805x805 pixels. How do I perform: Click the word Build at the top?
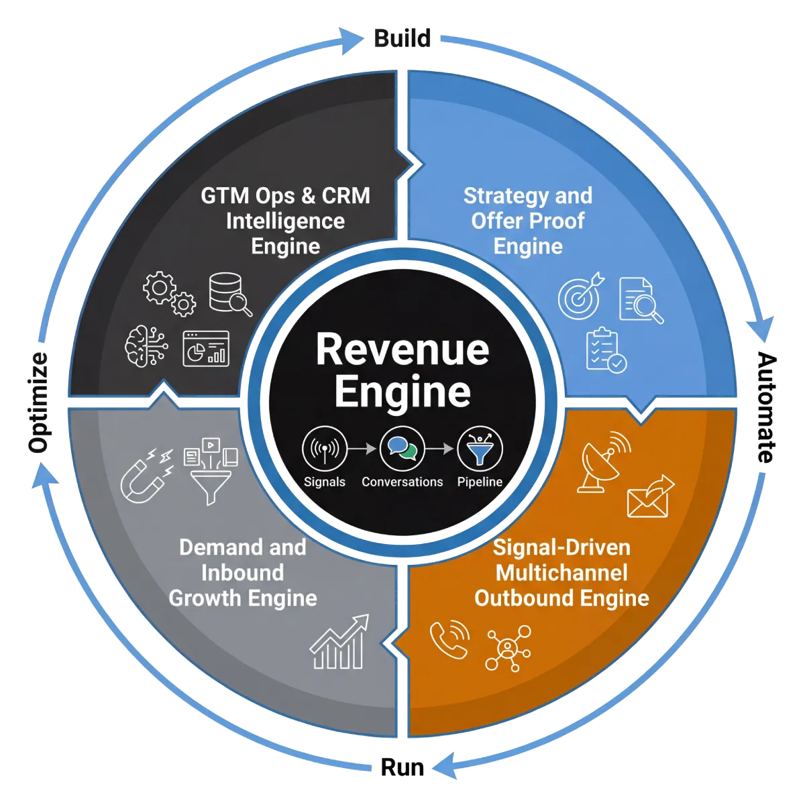(x=402, y=38)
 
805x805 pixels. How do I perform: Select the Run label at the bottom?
(x=402, y=767)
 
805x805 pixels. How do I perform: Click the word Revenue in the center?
(x=402, y=350)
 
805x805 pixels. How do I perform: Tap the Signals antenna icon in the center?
(x=325, y=449)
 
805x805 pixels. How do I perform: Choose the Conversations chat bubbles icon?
(x=402, y=449)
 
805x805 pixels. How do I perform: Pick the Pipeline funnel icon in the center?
(x=480, y=449)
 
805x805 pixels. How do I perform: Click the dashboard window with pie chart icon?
(x=206, y=349)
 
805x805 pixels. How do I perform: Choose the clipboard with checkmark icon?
(x=606, y=350)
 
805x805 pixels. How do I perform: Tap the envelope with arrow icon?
(x=650, y=497)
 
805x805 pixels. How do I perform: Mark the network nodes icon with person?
(x=508, y=647)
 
